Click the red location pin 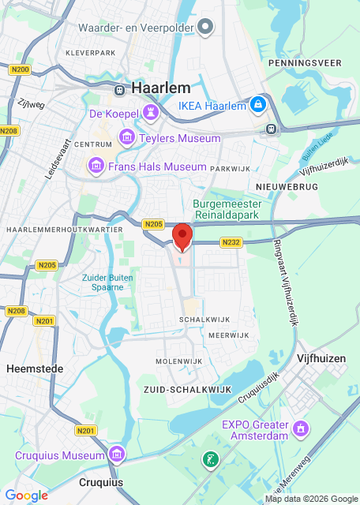[x=182, y=236]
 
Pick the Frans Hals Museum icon [x=96, y=166]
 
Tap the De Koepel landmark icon [x=149, y=114]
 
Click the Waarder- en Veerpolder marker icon [x=205, y=28]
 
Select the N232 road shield [x=231, y=243]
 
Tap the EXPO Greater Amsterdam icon [x=300, y=428]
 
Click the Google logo [x=26, y=496]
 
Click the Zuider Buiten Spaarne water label [x=103, y=282]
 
